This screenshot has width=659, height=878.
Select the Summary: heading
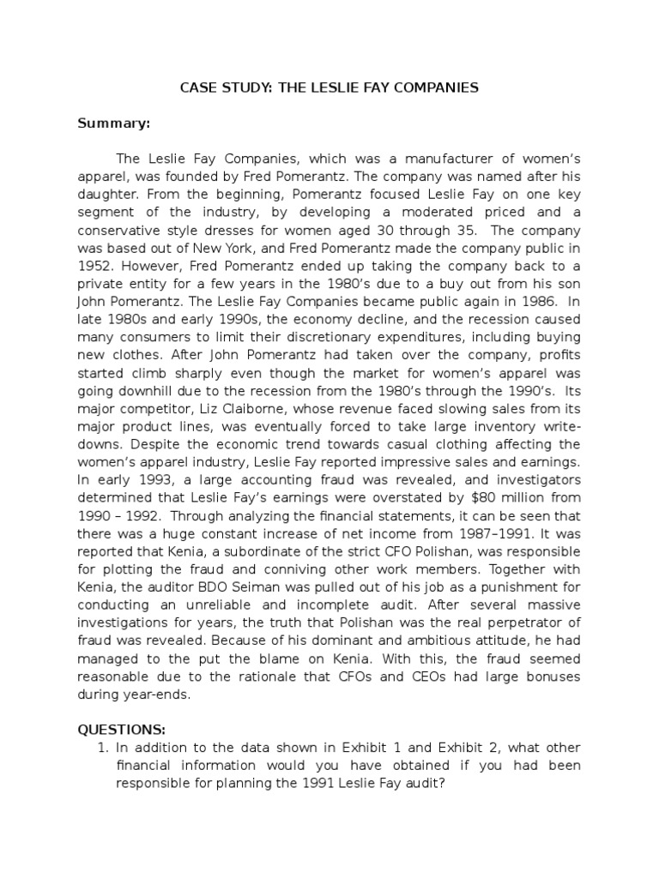(x=114, y=123)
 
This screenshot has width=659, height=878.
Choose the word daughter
(x=106, y=195)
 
